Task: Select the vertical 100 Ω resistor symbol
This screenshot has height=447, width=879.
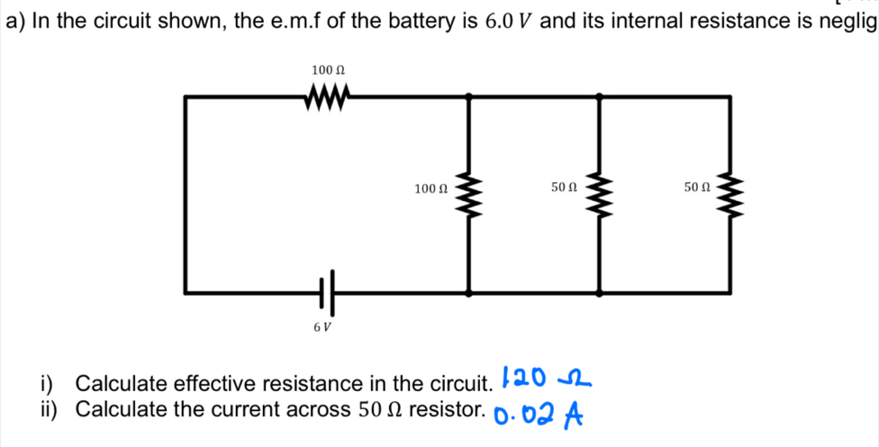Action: click(x=467, y=193)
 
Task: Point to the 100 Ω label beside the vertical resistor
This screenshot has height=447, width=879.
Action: click(x=430, y=188)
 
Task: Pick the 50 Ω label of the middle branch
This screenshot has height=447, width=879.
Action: click(x=563, y=187)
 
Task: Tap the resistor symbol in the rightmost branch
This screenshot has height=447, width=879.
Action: click(x=729, y=193)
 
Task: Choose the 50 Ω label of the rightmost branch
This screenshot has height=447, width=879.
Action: click(x=697, y=187)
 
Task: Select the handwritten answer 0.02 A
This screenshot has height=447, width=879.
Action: click(x=539, y=414)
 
